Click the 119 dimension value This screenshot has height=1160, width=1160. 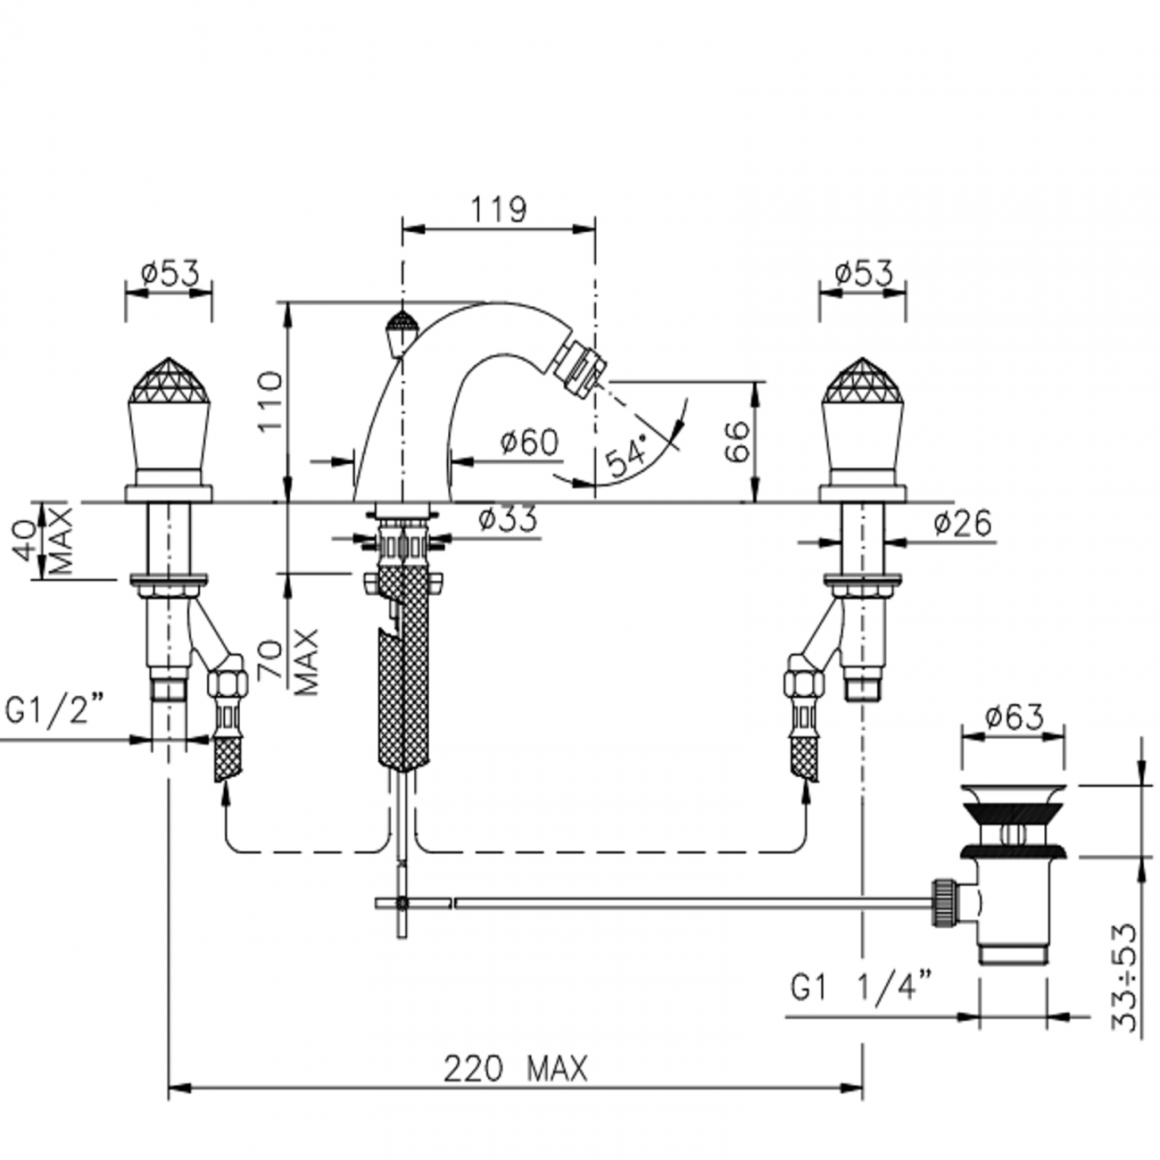point(498,210)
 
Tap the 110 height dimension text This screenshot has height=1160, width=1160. point(270,402)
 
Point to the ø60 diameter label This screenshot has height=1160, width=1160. point(530,443)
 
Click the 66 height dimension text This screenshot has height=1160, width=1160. point(737,442)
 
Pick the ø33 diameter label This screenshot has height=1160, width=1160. point(509,519)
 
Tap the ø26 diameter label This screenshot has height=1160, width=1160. point(963,524)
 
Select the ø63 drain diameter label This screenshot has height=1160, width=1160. point(1015,717)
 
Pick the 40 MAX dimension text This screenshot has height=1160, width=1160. point(47,541)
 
